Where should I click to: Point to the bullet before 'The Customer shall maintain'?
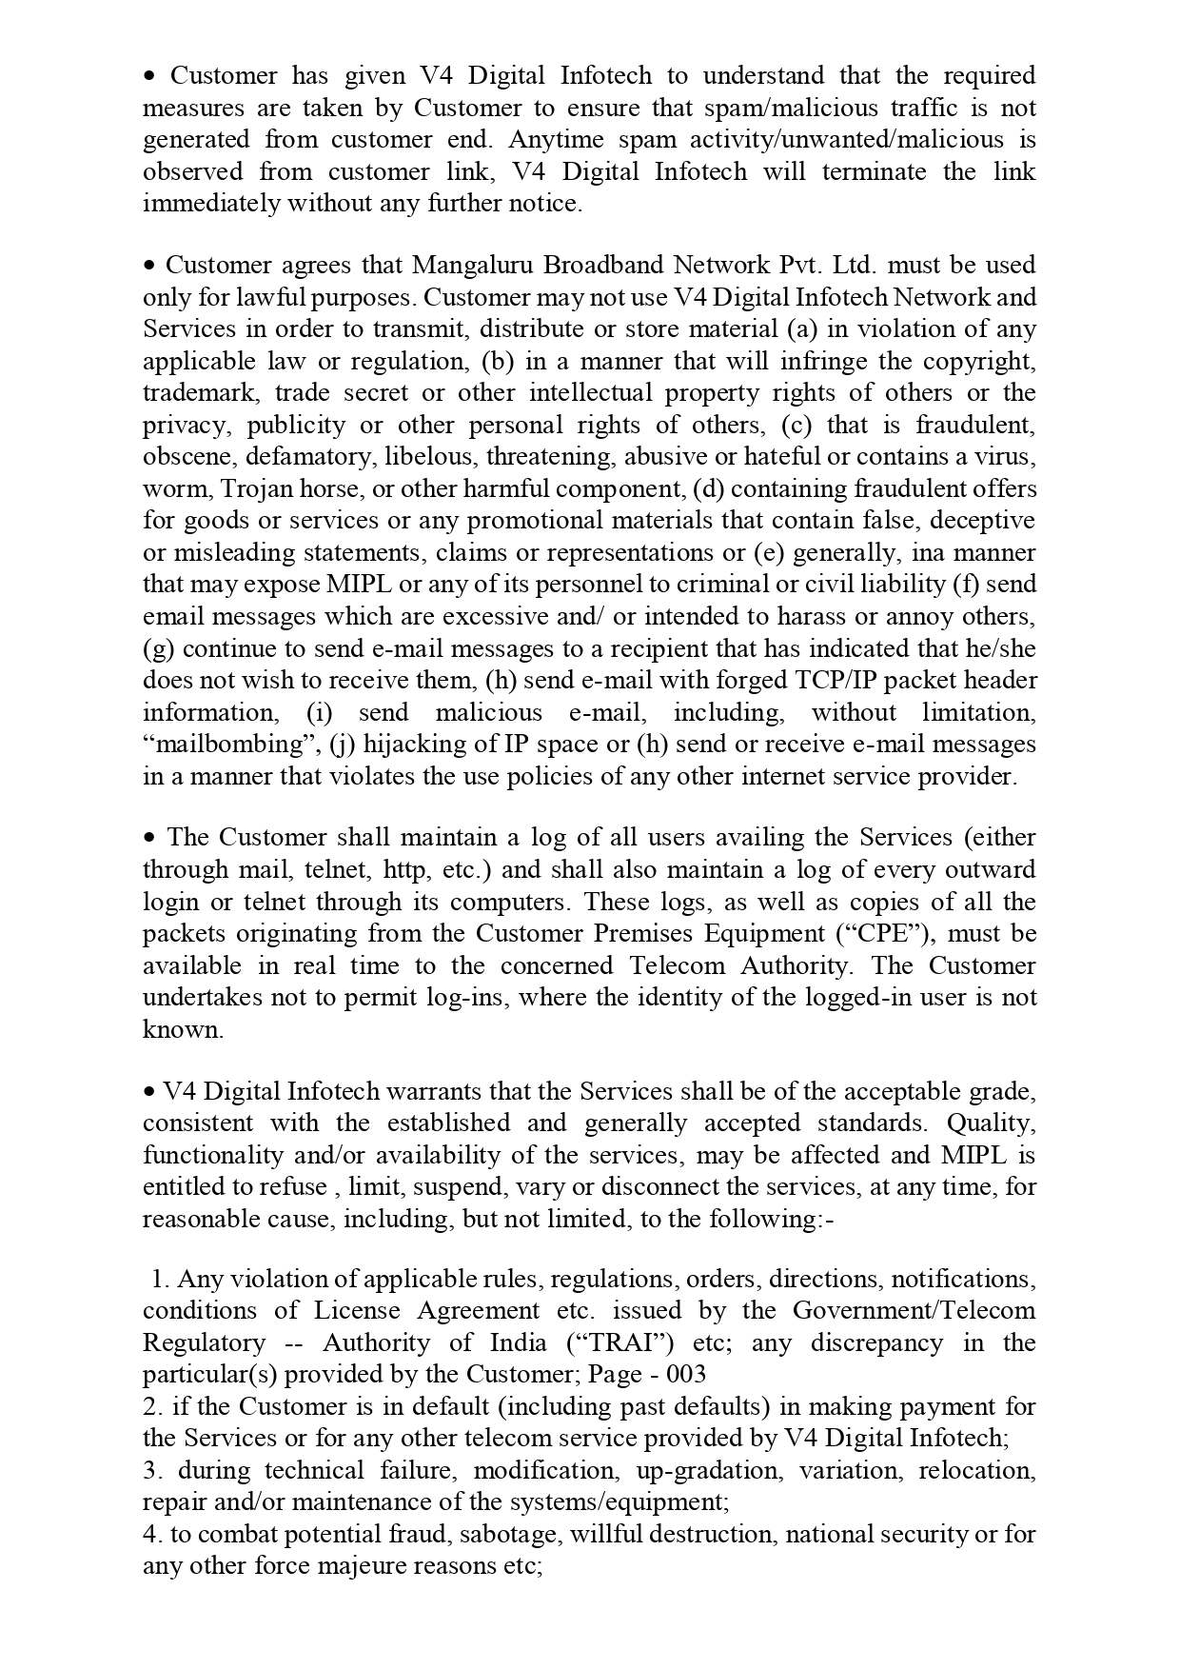click(x=149, y=839)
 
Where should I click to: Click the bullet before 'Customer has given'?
click(x=149, y=76)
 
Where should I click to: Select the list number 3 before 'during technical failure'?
click(x=150, y=1470)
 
